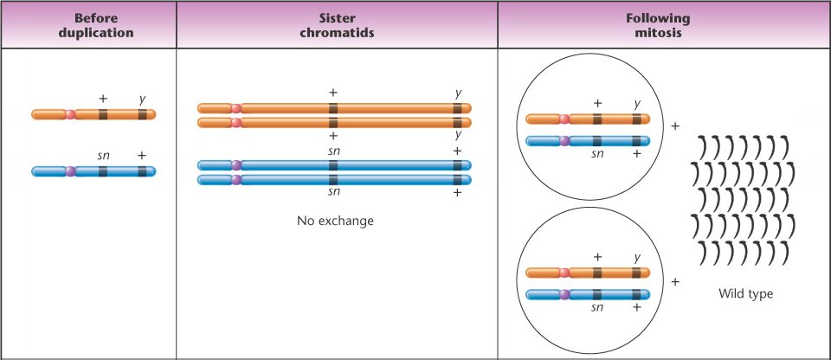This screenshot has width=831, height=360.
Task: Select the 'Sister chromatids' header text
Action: pyautogui.click(x=337, y=24)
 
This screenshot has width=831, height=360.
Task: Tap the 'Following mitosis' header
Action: pyautogui.click(x=663, y=24)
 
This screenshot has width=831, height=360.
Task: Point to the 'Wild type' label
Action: pyautogui.click(x=745, y=294)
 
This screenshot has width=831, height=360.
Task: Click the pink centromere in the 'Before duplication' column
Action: pyautogui.click(x=70, y=114)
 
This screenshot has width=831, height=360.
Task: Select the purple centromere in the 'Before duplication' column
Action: pyautogui.click(x=70, y=171)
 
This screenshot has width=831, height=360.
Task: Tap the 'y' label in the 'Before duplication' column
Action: pyautogui.click(x=142, y=98)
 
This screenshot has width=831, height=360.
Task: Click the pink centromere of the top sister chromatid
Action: pyautogui.click(x=235, y=108)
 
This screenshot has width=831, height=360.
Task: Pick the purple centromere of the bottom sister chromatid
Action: pyautogui.click(x=235, y=180)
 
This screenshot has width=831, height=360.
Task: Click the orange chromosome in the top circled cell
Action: pyautogui.click(x=606, y=119)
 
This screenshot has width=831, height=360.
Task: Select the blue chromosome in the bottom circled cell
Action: pyautogui.click(x=606, y=293)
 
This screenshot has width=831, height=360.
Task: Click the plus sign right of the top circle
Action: pyautogui.click(x=675, y=126)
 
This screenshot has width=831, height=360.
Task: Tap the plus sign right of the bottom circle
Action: pyautogui.click(x=675, y=282)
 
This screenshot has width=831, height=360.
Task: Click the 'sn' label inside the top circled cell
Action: pyautogui.click(x=596, y=154)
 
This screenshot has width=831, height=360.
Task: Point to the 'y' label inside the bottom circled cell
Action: pyautogui.click(x=637, y=257)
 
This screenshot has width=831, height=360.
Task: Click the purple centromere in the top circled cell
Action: pyautogui.click(x=564, y=140)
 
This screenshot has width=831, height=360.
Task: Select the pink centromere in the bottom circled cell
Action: pyautogui.click(x=564, y=273)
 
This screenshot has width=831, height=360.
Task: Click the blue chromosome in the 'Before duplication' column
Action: pyautogui.click(x=121, y=171)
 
